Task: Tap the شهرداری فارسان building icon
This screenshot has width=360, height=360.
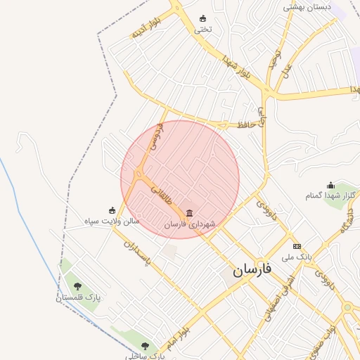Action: (189, 212)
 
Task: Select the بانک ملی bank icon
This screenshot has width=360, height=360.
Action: (297, 247)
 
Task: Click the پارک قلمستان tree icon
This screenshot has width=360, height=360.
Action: (77, 286)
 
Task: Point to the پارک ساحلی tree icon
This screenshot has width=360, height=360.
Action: (145, 345)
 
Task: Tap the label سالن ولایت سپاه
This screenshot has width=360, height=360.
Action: (112, 221)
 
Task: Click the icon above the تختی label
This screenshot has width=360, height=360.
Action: (203, 18)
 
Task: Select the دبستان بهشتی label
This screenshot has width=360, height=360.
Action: (307, 6)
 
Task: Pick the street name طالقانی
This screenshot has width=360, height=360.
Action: (162, 191)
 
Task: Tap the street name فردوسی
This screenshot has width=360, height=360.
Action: (157, 136)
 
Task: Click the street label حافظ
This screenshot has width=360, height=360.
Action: (245, 124)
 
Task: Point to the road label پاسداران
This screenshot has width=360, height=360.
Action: (138, 253)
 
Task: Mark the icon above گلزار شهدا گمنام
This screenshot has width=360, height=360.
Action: (330, 185)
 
